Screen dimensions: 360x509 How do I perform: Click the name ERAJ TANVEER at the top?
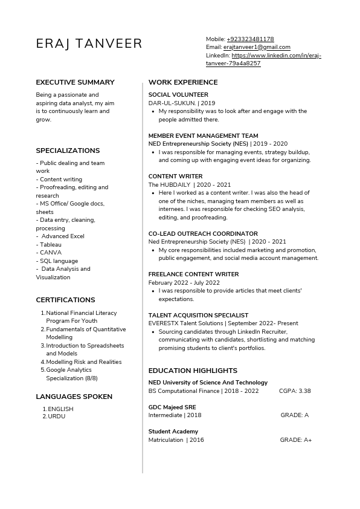point(89,44)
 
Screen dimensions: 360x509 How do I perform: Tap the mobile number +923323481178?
point(250,39)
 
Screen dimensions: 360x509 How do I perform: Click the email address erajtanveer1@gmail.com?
point(257,47)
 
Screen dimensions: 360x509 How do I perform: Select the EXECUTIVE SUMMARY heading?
point(75,82)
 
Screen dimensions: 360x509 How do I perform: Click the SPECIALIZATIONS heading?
point(68,151)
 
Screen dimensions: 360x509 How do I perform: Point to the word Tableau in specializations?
point(51,245)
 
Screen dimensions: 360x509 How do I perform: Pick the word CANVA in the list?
point(50,253)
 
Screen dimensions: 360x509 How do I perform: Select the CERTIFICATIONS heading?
point(65,300)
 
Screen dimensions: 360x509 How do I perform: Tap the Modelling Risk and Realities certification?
point(83,362)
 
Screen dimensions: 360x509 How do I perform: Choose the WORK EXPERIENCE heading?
point(183,82)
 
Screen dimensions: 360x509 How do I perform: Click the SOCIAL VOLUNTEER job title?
point(178,95)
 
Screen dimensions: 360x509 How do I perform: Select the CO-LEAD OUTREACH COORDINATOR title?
point(203,233)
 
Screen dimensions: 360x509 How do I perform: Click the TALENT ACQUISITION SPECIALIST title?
point(198,315)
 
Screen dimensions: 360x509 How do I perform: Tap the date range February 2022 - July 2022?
point(184,282)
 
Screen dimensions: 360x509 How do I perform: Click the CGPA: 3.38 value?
point(295,391)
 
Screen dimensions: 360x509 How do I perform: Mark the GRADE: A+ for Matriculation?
point(296,440)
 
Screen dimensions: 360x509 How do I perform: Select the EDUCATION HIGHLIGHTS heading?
point(193,371)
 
